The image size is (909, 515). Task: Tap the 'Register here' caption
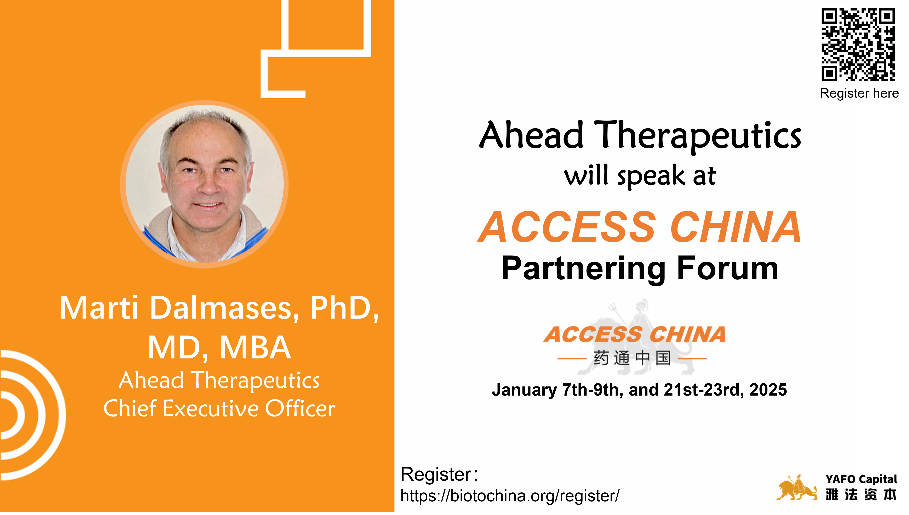(859, 93)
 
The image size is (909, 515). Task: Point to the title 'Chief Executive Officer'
(219, 409)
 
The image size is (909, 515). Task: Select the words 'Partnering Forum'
(640, 269)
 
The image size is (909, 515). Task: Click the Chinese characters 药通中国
(632, 358)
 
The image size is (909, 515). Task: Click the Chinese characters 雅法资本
(861, 495)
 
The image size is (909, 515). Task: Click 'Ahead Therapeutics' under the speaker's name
(219, 381)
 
